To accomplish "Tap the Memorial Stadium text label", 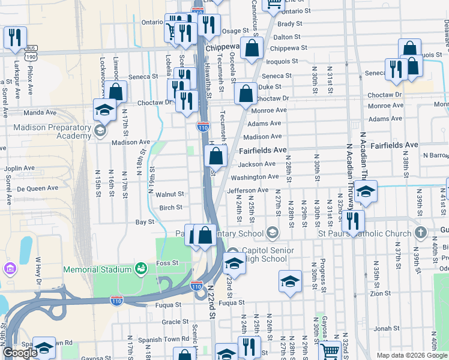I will [97, 269].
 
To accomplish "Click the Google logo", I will [20, 353].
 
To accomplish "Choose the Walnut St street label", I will [169, 194].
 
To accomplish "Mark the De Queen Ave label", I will [37, 188].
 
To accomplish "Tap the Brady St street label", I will [289, 24].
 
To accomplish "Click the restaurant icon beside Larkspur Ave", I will [15, 37].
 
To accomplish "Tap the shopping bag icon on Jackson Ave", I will [215, 157].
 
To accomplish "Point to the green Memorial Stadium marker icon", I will [141, 268].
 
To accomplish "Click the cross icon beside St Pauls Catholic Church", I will [421, 232].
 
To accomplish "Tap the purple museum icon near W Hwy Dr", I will [10, 267].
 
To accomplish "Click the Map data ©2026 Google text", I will [411, 355].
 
